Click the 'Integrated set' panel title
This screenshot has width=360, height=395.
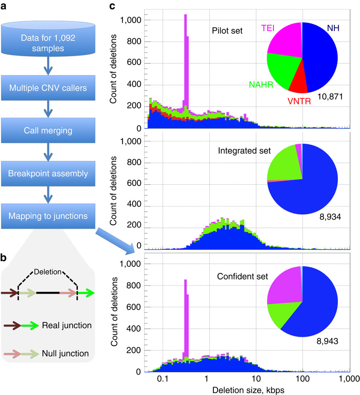pyautogui.click(x=244, y=151)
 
